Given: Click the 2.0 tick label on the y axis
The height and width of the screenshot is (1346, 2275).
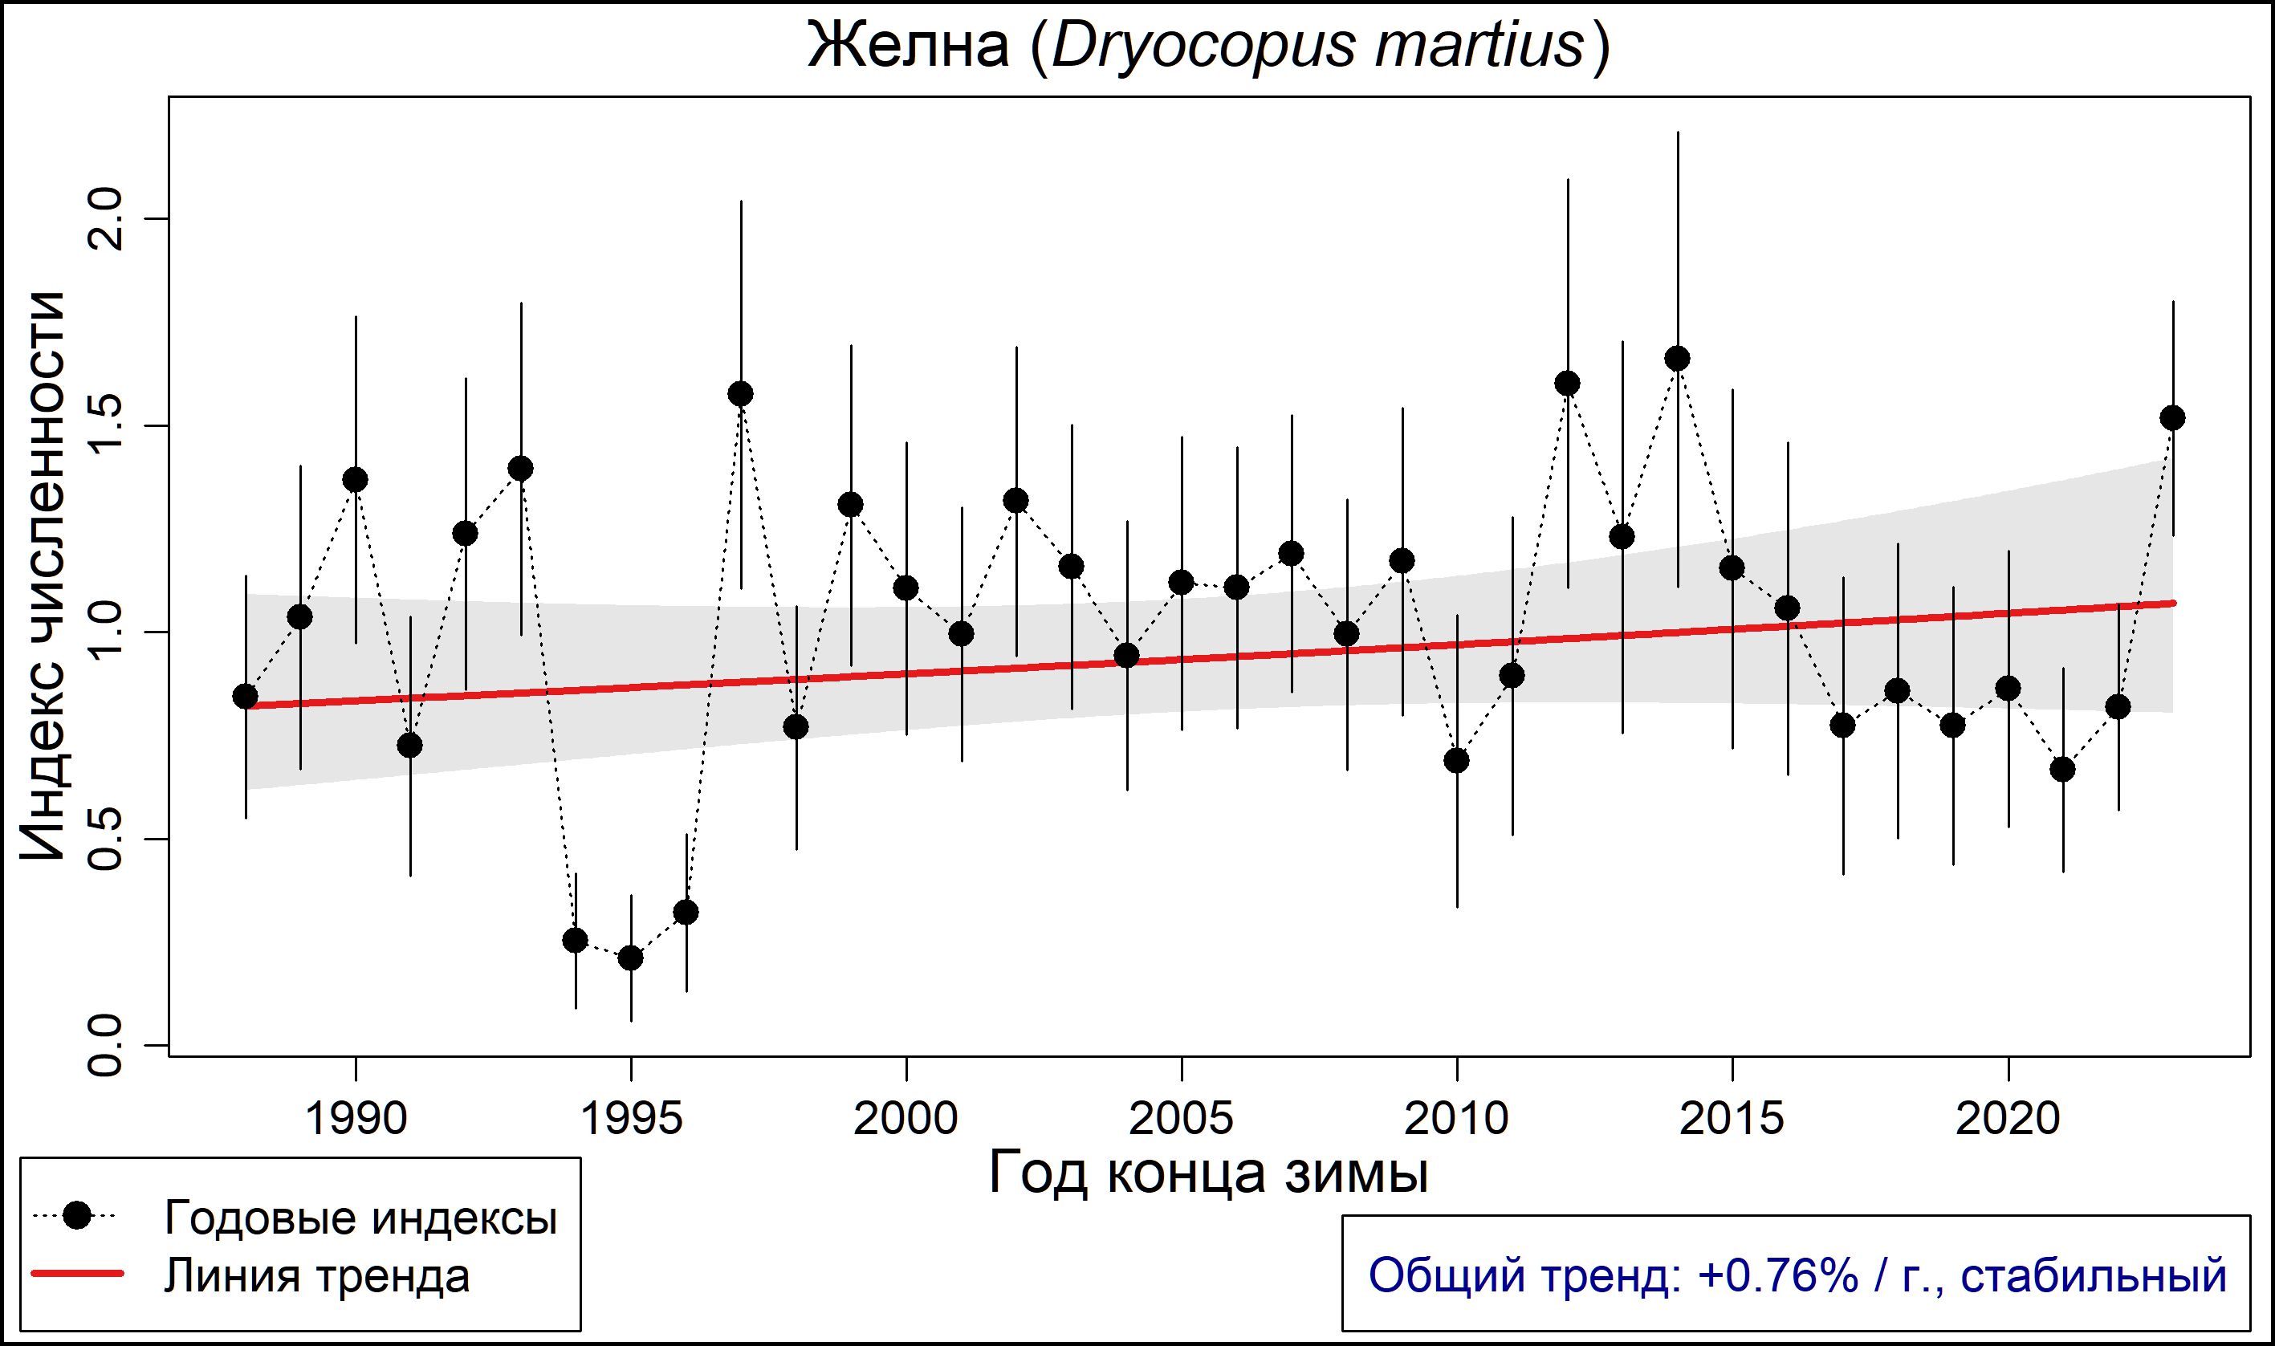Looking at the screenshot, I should (106, 218).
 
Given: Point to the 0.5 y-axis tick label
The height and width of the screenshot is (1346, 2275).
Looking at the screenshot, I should (106, 839).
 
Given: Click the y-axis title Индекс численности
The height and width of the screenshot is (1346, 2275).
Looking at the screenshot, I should (43, 576).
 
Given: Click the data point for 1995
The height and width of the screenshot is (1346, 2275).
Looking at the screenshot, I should (630, 958).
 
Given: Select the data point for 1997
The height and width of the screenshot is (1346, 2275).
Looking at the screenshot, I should (741, 393).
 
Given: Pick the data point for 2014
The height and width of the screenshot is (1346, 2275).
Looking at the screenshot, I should (1677, 358).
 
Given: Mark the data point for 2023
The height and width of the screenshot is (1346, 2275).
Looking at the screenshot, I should (2172, 418).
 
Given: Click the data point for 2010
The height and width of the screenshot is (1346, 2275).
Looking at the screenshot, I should (1457, 760).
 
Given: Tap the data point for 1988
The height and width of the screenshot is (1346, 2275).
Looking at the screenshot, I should (245, 696).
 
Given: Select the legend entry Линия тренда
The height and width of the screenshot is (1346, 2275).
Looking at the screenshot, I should (316, 1275).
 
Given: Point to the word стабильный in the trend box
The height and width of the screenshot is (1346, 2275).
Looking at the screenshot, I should (2094, 1275).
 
